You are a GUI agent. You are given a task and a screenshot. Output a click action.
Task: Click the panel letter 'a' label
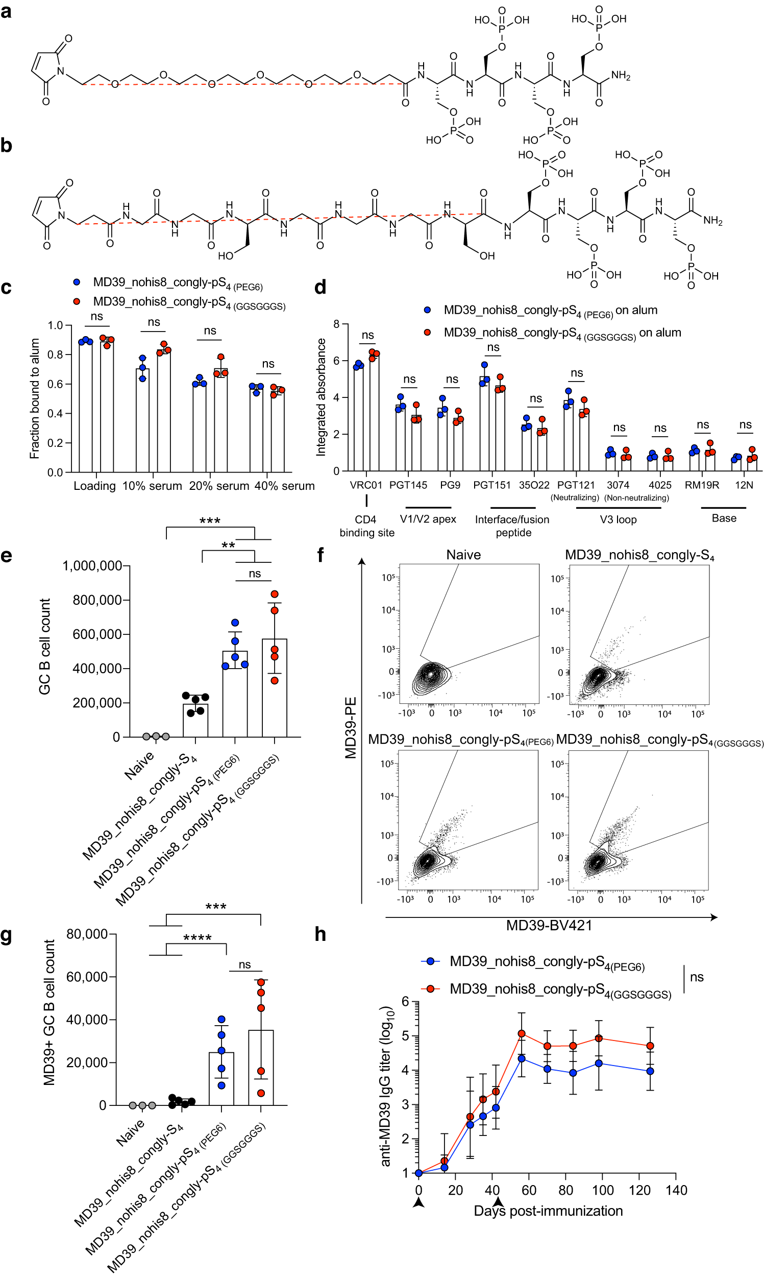6,11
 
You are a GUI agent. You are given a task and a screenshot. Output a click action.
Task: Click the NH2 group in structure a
621,76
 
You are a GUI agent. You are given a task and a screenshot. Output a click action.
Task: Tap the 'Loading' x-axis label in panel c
95,486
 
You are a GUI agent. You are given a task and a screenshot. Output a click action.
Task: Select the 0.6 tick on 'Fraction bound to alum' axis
55,384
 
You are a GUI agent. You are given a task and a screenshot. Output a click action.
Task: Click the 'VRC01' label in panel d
366,485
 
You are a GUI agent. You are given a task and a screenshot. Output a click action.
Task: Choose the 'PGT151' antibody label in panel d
491,485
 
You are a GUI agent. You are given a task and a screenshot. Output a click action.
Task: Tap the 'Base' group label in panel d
724,518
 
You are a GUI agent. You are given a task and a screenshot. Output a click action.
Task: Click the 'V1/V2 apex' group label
428,519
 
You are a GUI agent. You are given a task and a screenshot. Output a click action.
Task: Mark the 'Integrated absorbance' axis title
321,397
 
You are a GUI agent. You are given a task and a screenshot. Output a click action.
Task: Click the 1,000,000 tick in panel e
92,566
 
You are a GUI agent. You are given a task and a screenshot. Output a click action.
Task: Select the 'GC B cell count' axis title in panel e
45,647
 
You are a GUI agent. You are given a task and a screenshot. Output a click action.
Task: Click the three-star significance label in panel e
210,521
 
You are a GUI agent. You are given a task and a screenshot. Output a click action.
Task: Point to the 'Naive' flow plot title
463,555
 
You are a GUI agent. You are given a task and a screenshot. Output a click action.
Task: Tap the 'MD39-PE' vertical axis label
351,728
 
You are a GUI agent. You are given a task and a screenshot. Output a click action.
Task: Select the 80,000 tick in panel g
87,934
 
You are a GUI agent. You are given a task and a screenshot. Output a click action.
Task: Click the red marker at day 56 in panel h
522,1034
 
